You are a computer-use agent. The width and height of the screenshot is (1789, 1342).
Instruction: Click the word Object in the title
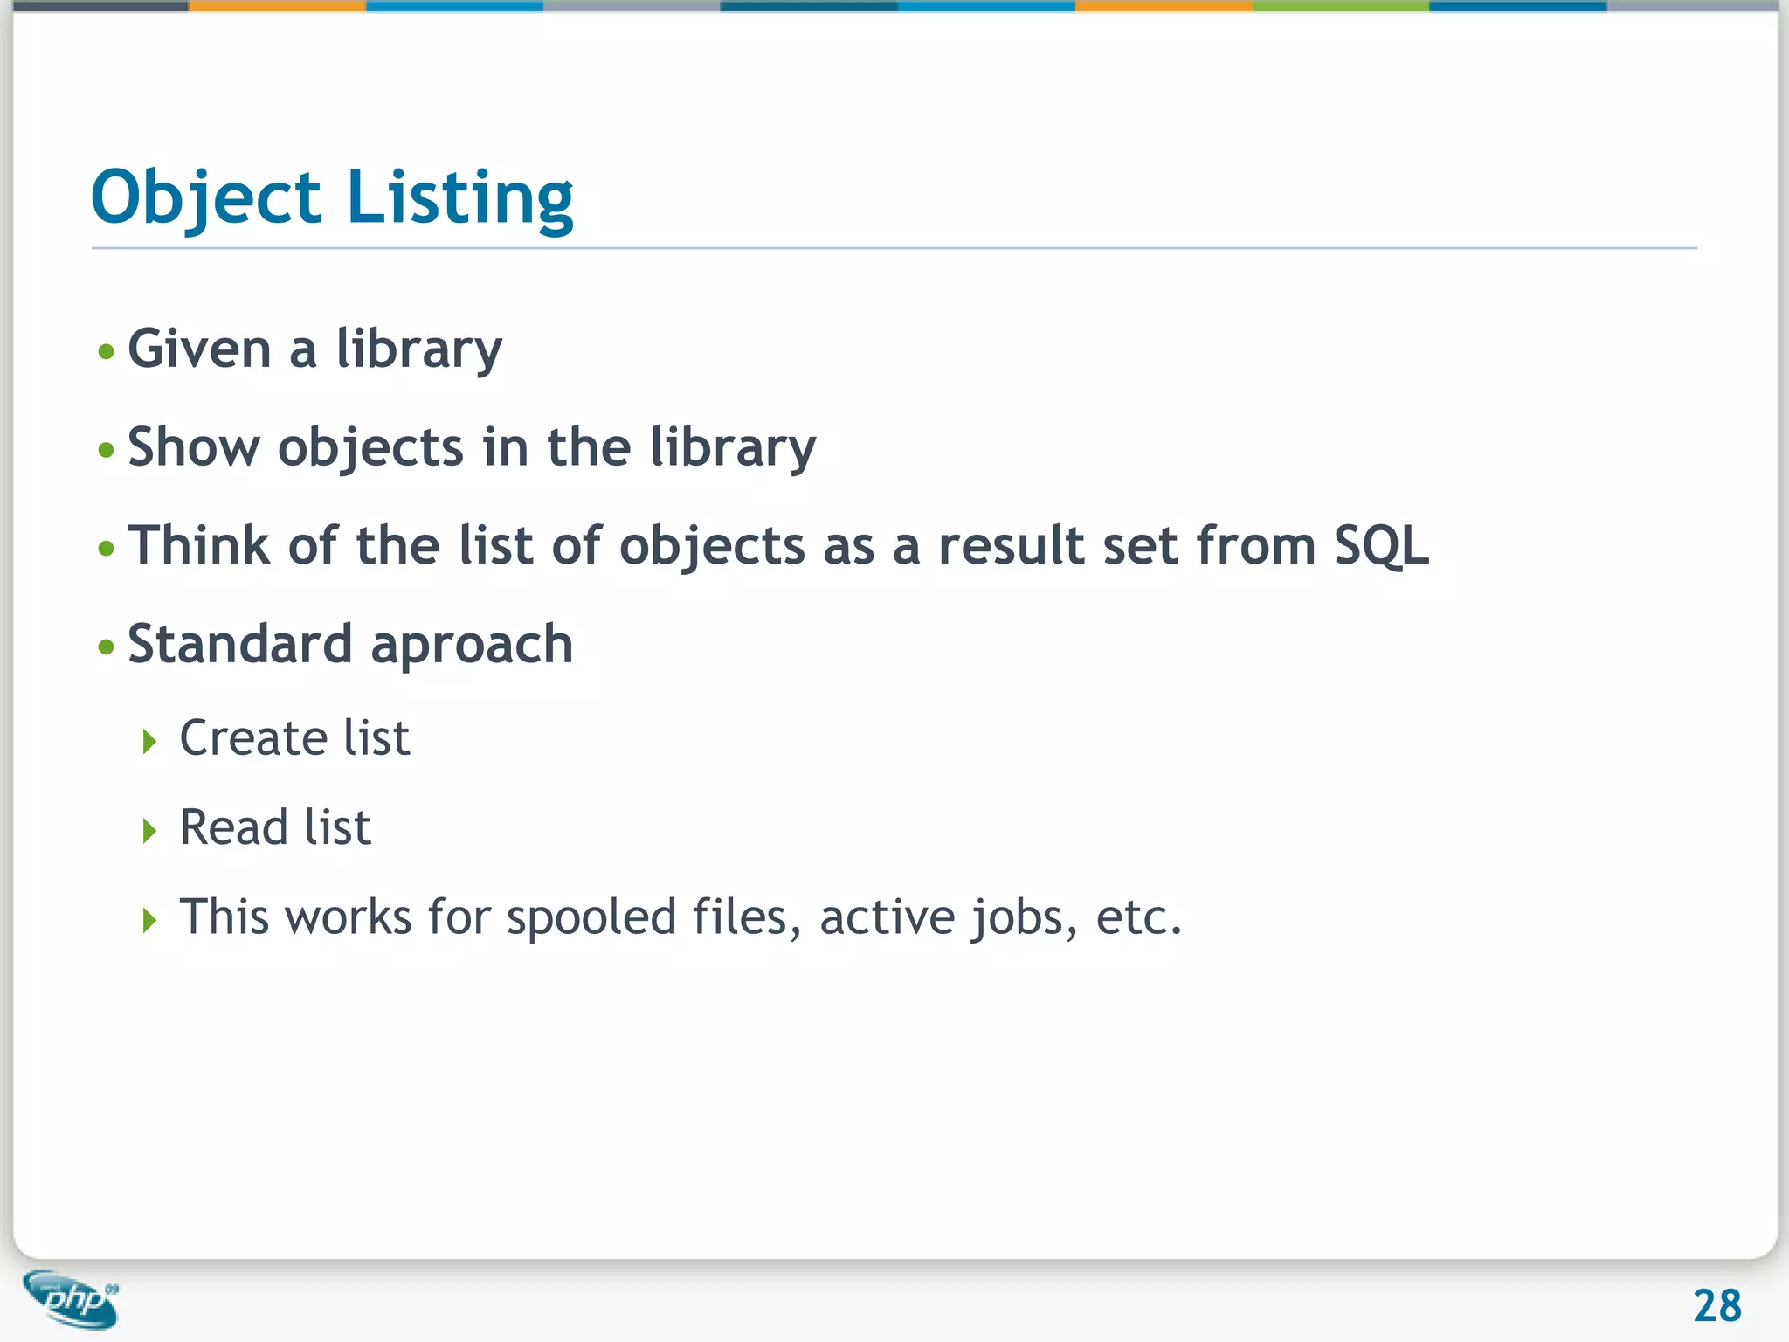click(x=206, y=198)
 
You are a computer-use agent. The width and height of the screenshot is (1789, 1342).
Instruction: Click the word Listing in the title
click(x=459, y=198)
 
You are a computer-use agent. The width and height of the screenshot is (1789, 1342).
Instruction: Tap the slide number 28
click(x=1716, y=1306)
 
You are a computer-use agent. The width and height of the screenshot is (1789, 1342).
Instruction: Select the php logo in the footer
click(x=72, y=1299)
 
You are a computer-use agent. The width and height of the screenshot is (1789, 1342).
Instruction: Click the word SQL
click(x=1381, y=547)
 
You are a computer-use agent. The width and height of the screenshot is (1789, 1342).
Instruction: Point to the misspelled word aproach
click(x=472, y=647)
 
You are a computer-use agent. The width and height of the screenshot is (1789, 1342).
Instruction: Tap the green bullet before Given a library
click(x=107, y=352)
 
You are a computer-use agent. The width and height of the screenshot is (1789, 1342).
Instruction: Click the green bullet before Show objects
click(x=107, y=451)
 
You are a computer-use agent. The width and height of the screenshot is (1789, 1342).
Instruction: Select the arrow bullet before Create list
click(x=149, y=742)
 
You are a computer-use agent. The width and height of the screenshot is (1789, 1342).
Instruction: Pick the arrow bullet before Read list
click(x=149, y=831)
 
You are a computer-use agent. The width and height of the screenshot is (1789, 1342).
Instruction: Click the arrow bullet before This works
click(x=149, y=920)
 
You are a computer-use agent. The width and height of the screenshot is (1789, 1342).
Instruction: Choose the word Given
click(x=199, y=349)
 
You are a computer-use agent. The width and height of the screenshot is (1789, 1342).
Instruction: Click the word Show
click(x=193, y=447)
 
